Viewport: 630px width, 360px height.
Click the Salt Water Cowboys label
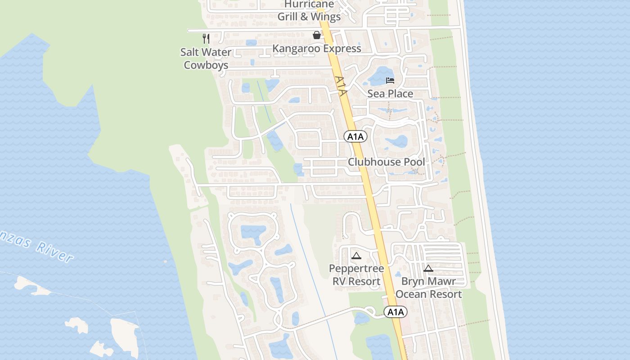pos(206,58)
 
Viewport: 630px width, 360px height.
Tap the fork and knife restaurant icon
pos(206,38)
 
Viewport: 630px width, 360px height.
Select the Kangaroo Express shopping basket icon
pos(317,35)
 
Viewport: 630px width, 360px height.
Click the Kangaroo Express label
pos(317,49)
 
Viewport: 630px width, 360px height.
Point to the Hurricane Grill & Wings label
pos(309,11)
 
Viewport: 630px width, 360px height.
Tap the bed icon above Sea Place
pos(390,81)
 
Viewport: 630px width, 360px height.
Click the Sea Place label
pos(390,94)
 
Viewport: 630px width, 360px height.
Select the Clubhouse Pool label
pos(386,162)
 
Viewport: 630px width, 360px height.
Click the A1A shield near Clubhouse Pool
pos(355,136)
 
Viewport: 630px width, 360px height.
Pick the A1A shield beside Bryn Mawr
pos(396,312)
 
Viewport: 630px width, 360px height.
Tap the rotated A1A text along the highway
pos(342,86)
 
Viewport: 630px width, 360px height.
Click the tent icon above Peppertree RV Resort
pos(356,256)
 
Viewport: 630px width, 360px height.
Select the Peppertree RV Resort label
pos(356,275)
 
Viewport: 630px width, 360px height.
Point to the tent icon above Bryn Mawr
pos(428,269)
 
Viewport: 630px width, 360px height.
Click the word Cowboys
pos(206,65)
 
